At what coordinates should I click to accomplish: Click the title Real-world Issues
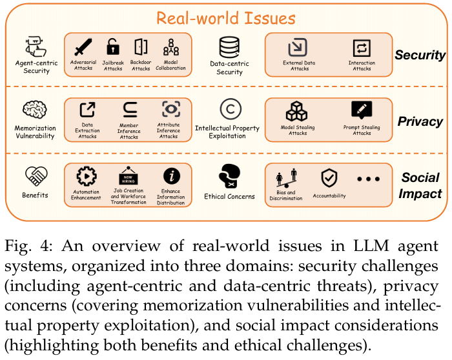tap(226, 17)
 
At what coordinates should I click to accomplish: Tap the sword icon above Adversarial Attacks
tap(84, 47)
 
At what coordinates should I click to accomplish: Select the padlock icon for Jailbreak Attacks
tap(113, 46)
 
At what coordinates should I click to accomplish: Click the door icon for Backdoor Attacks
tap(140, 46)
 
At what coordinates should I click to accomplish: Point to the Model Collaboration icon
tap(170, 47)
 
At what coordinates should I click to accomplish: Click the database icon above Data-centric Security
tap(229, 46)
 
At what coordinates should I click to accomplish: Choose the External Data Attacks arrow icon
tap(298, 47)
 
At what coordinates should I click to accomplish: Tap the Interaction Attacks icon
tap(361, 47)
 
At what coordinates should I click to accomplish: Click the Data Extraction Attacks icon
tap(87, 110)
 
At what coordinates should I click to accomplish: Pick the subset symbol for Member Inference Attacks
tap(128, 110)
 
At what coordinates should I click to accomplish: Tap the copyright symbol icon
tap(229, 108)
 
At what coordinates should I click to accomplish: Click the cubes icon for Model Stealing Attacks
tap(298, 111)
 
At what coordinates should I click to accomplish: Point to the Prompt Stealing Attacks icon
tap(362, 110)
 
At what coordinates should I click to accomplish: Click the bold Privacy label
tap(420, 121)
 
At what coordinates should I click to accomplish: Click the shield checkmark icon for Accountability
tap(329, 177)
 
